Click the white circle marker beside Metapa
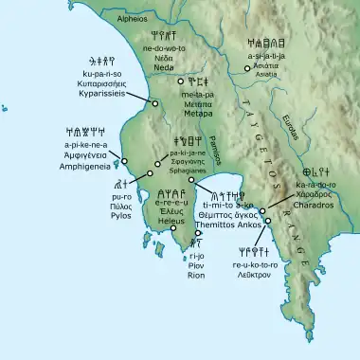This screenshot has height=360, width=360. (180, 83)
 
